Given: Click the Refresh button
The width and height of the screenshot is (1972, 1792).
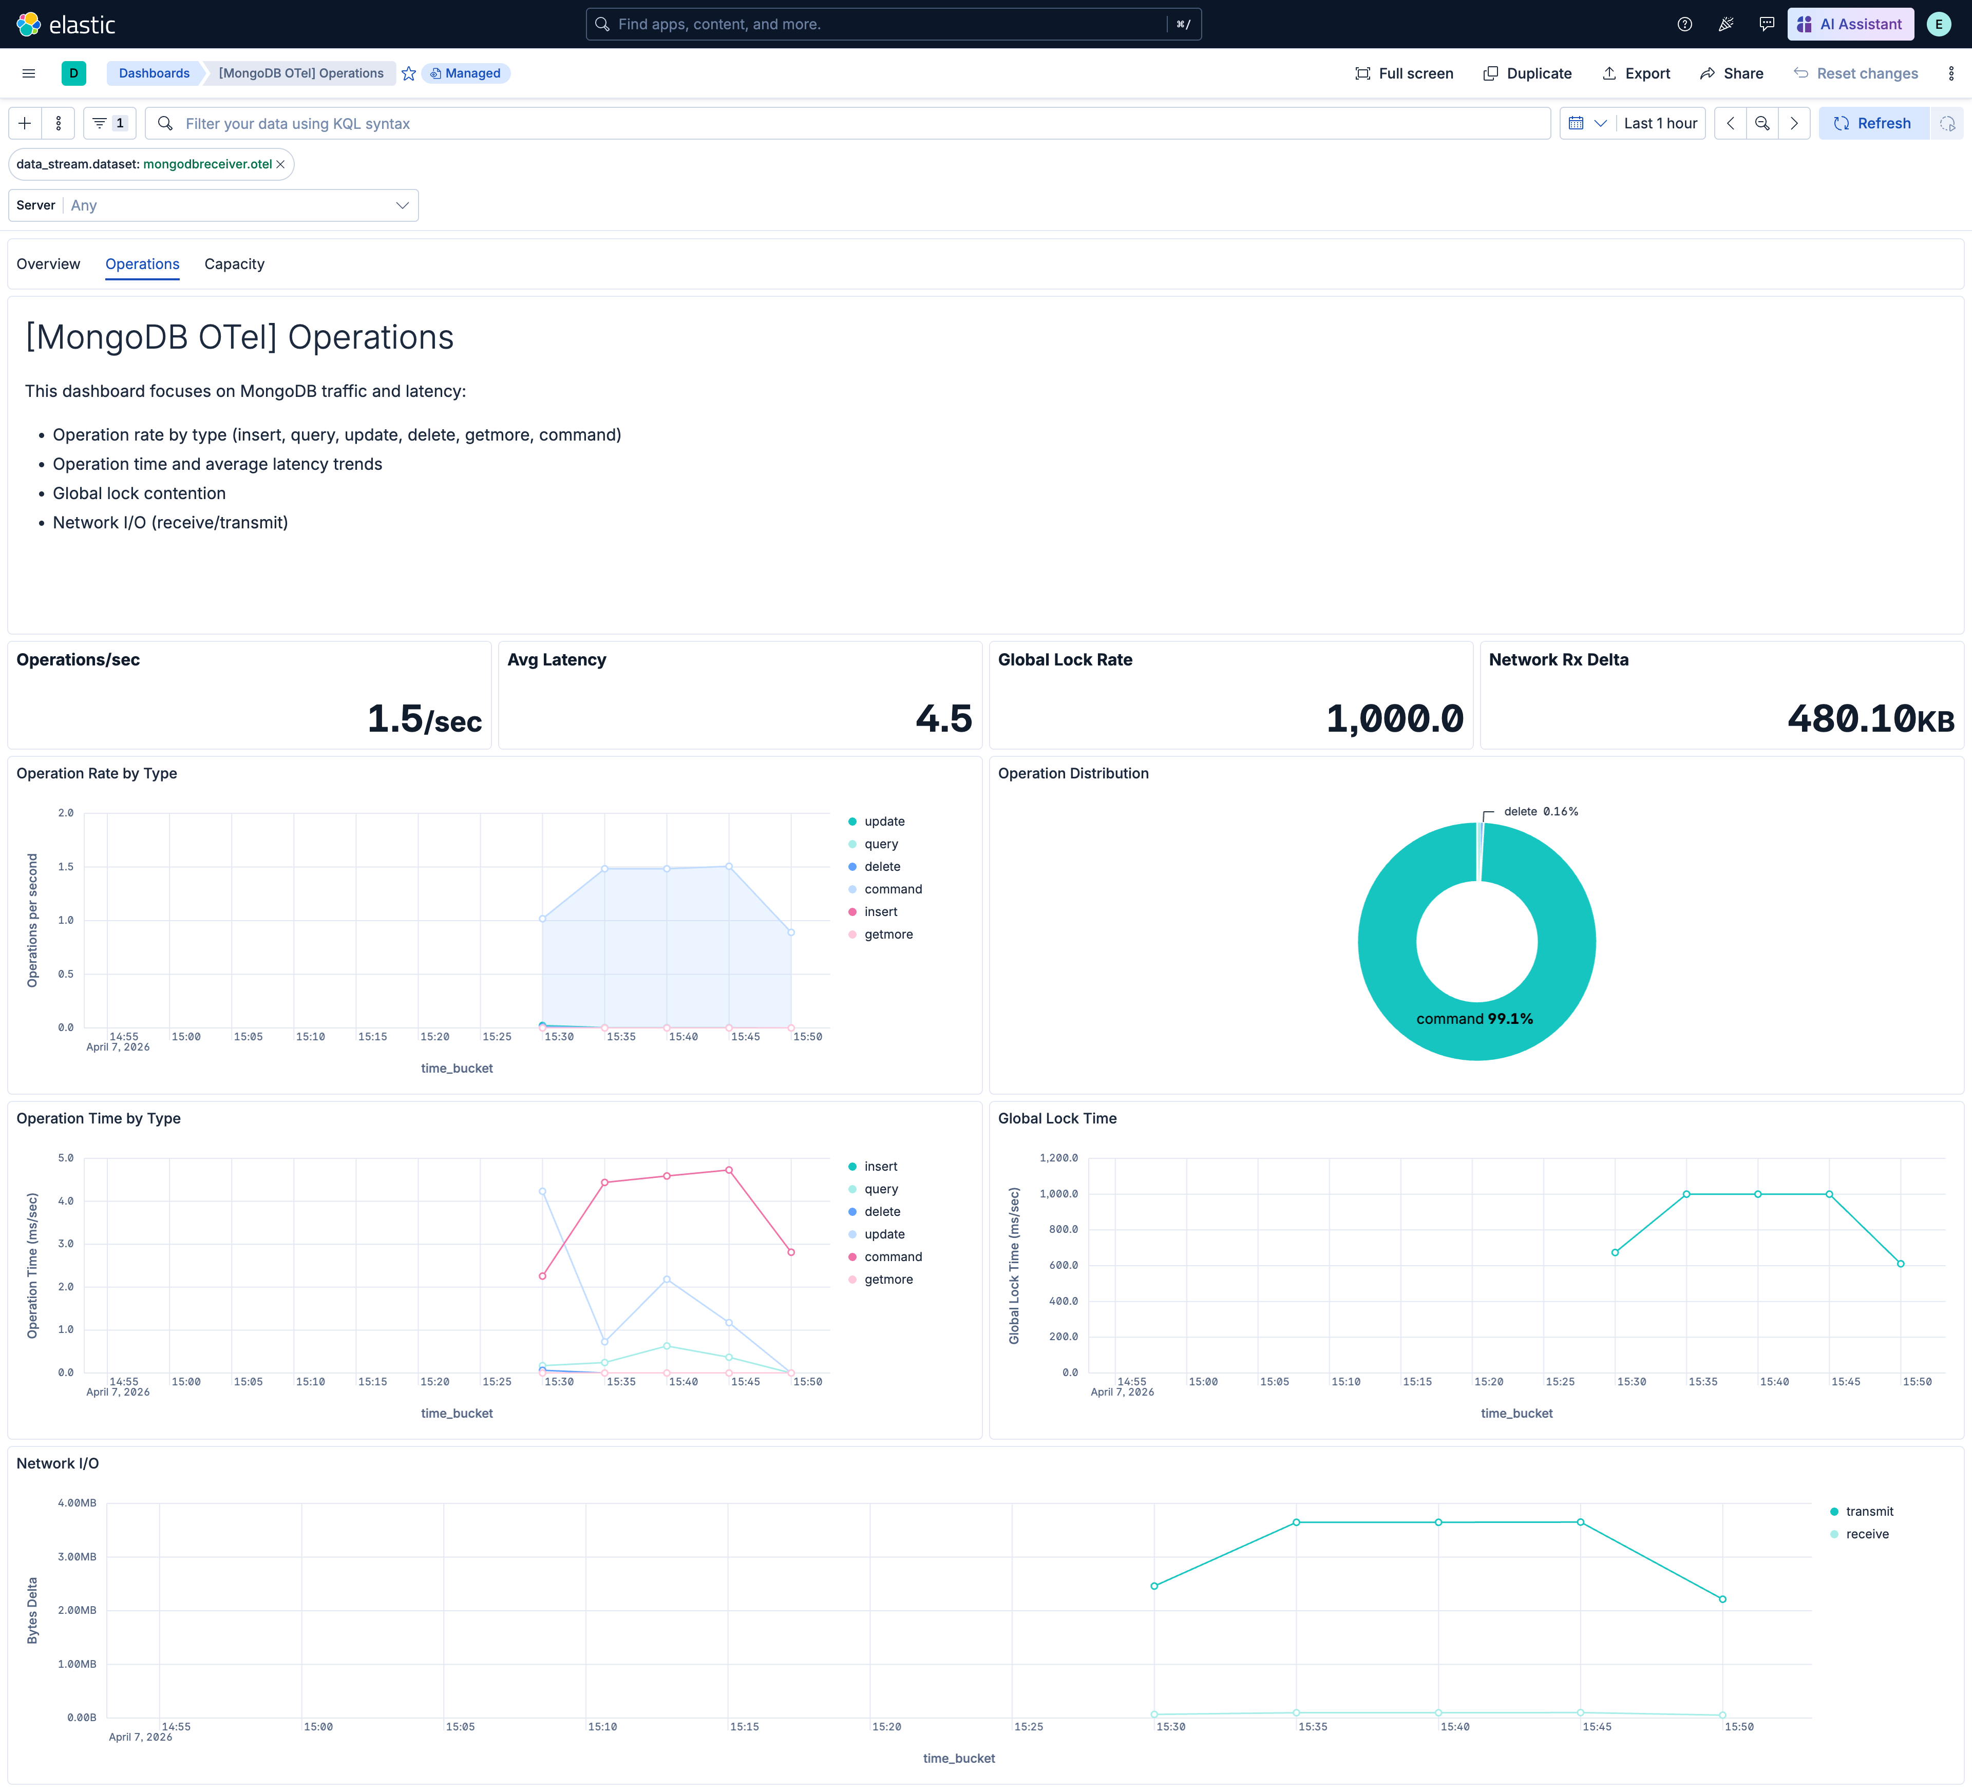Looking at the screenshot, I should pyautogui.click(x=1872, y=123).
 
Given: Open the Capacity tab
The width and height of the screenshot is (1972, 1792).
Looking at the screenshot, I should pyautogui.click(x=234, y=264).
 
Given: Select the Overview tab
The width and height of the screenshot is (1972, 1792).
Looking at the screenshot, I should pyautogui.click(x=48, y=264).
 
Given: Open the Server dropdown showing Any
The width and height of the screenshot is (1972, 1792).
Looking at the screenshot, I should pyautogui.click(x=213, y=205).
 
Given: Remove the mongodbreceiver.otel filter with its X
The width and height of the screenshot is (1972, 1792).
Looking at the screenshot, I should pyautogui.click(x=281, y=164).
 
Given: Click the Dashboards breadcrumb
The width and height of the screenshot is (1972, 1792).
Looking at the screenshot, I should pyautogui.click(x=154, y=73).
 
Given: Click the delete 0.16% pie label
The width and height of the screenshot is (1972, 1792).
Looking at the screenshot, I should pyautogui.click(x=1540, y=812).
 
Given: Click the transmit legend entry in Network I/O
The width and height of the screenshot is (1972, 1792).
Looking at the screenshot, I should pyautogui.click(x=1868, y=1511).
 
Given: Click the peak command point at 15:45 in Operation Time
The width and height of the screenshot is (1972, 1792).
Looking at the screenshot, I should pyautogui.click(x=729, y=1170).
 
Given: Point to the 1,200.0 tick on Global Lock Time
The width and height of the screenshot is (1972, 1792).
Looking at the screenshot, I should pyautogui.click(x=1058, y=1158).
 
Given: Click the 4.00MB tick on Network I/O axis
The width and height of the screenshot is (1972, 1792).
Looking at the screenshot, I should pyautogui.click(x=77, y=1502).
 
